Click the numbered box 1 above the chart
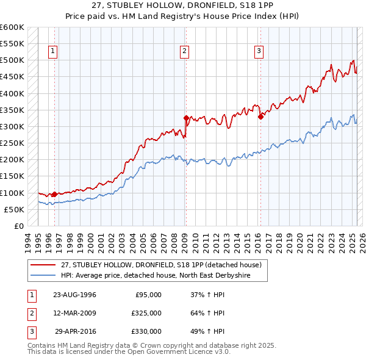(x=54, y=52)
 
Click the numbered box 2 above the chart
(x=184, y=52)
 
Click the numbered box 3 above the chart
(x=259, y=52)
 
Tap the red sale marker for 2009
(x=186, y=118)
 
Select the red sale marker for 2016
(x=260, y=117)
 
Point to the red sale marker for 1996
(x=54, y=194)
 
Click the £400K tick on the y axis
(x=13, y=93)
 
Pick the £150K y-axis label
(x=13, y=176)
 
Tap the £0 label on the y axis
(x=18, y=226)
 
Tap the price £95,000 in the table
(x=146, y=295)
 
